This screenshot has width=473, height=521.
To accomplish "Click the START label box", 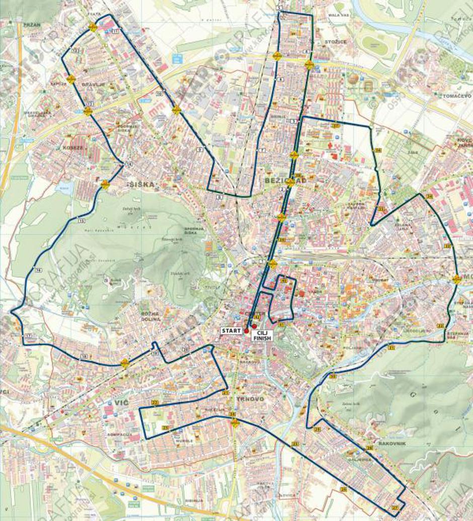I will pos(231,330).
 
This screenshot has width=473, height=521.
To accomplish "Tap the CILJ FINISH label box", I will pos(262,335).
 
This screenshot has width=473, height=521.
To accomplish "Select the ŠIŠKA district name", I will pos(142,185).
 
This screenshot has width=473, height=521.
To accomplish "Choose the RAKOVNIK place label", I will pos(392,444).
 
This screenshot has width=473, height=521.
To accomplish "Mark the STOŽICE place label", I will pos(336,41).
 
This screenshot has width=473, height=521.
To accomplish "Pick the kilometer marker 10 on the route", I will pos(160,94).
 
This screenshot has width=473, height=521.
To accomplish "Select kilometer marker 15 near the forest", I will pos(82,220).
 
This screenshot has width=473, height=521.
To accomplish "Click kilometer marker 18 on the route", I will pos(84,356).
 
